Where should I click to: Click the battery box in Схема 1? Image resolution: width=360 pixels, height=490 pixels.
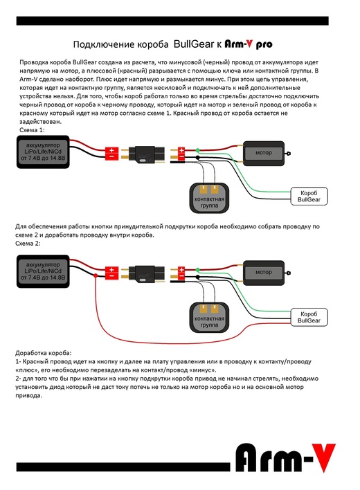(43, 152)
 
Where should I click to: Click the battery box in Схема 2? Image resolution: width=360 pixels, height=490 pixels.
(43, 271)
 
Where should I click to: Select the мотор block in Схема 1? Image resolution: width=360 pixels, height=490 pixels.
(264, 153)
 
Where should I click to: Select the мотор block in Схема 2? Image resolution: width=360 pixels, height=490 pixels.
(264, 273)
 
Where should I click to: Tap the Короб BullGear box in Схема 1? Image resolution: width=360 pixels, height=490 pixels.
(309, 197)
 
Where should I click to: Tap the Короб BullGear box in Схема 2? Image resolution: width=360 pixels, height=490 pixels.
(309, 317)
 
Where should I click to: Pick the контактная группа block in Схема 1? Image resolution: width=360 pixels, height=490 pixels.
(209, 198)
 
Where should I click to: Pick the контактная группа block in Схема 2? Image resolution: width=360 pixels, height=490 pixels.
(209, 318)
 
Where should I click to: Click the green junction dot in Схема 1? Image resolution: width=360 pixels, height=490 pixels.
(197, 150)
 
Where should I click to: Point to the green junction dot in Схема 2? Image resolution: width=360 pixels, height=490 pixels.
(197, 270)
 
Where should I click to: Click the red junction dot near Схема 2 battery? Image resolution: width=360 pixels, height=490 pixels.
(96, 275)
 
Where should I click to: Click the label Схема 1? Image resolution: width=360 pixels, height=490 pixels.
(32, 130)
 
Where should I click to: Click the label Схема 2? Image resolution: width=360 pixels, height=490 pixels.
(28, 244)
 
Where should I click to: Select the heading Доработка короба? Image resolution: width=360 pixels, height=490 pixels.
(44, 353)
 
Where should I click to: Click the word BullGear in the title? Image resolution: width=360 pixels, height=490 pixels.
(194, 44)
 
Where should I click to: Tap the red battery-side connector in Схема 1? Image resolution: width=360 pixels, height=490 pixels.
(111, 154)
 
